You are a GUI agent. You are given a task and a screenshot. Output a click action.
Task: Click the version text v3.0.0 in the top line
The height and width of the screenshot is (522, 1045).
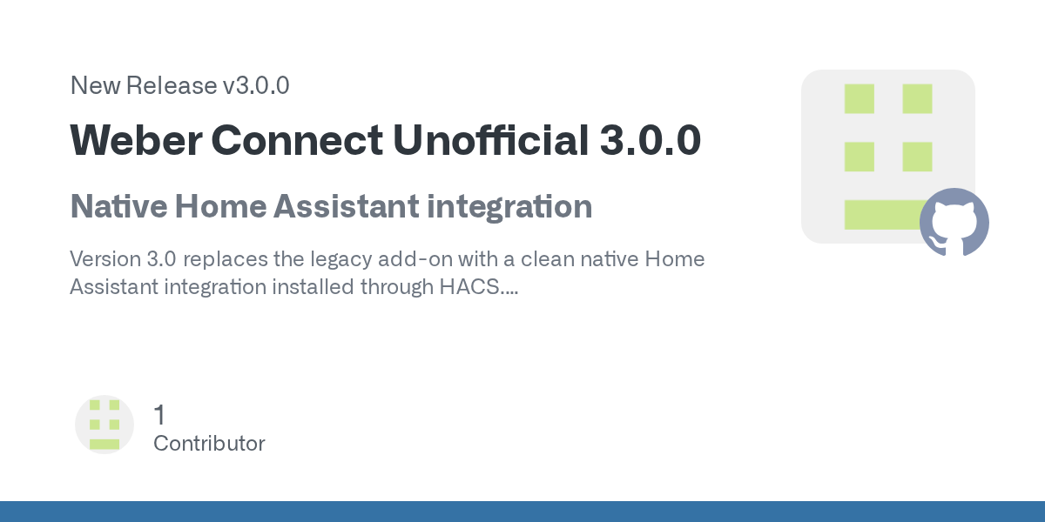256,86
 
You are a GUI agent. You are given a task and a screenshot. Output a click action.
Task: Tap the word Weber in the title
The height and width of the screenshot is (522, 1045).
136,140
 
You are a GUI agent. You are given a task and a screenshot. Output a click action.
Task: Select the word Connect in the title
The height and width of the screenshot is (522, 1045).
297,140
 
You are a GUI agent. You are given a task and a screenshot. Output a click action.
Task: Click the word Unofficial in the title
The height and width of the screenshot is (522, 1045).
491,140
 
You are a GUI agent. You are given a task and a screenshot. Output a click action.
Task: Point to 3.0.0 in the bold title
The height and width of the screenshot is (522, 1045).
651,140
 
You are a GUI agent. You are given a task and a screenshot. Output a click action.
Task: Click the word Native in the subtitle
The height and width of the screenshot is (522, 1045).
119,206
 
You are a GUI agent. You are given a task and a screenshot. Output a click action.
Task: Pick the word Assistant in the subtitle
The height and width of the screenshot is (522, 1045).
347,206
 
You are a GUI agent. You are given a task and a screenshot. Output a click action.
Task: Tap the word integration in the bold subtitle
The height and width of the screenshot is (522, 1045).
509,207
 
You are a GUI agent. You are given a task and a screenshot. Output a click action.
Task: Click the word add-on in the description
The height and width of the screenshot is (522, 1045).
415,259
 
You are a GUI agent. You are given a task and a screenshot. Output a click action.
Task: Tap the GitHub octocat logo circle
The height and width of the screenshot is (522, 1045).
954,222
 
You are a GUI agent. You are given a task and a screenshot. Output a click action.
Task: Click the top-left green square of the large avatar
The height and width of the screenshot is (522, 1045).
860,99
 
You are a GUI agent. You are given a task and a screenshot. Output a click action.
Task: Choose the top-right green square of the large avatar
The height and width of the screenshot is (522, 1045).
917,99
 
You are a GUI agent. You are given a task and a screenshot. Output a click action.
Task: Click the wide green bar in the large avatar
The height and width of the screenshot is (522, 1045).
881,215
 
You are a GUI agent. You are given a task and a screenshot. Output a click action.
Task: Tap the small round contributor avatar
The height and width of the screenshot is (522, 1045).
104,425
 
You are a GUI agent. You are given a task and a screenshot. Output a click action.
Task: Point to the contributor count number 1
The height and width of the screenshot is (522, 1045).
160,415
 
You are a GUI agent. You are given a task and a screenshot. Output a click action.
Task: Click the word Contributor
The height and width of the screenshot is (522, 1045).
210,443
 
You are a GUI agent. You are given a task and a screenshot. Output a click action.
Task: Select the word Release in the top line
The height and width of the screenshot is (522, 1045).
172,86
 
